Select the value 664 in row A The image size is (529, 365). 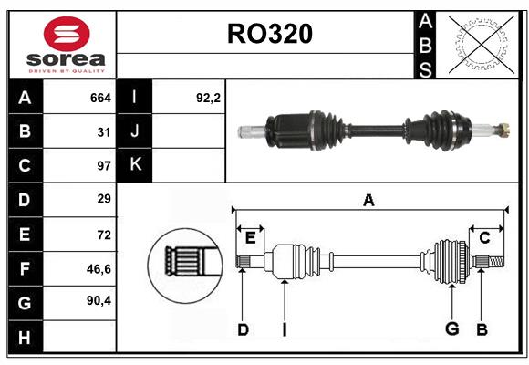tap(100, 97)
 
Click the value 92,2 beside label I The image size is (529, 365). tap(209, 97)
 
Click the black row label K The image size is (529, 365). tap(135, 165)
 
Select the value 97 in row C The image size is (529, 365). tap(103, 165)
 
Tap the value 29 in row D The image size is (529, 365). tap(103, 199)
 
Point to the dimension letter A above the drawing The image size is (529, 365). tap(368, 200)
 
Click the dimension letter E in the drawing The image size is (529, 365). tap(250, 238)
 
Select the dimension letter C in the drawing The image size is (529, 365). tap(484, 238)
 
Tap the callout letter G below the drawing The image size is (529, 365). tap(451, 329)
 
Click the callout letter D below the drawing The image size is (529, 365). tap(243, 329)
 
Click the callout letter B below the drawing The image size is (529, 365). tap(482, 329)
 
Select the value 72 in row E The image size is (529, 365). tap(103, 234)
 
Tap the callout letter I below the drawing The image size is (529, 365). tap(284, 329)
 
